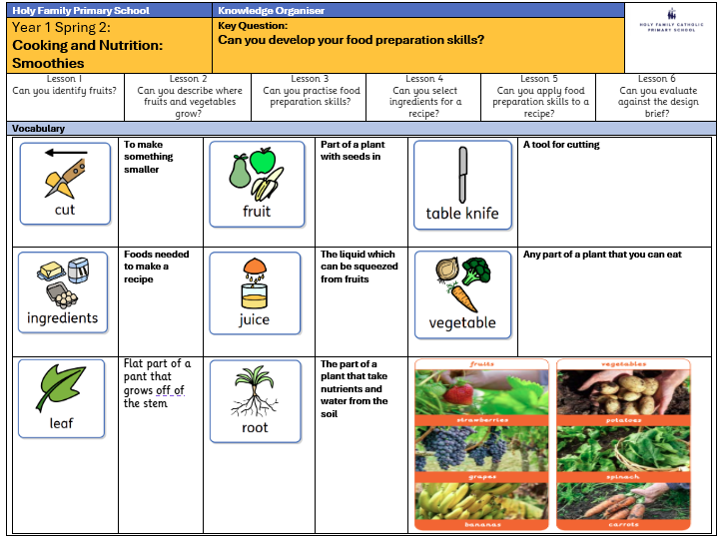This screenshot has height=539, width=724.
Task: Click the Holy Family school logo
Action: tap(670, 22)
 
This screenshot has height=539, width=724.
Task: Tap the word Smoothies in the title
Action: tap(48, 63)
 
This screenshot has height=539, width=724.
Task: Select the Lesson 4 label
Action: tap(424, 79)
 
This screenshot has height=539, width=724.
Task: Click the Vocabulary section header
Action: tap(37, 129)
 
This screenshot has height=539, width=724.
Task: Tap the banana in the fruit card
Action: tap(267, 185)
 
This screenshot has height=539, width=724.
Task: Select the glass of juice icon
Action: tap(255, 289)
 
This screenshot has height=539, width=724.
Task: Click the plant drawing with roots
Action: tap(255, 391)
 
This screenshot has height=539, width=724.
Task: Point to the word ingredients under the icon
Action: tap(62, 318)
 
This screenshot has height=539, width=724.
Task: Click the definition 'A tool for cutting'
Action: tap(561, 145)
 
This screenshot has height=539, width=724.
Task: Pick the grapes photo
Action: tap(480, 451)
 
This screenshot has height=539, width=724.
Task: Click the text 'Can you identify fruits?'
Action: tap(65, 91)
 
